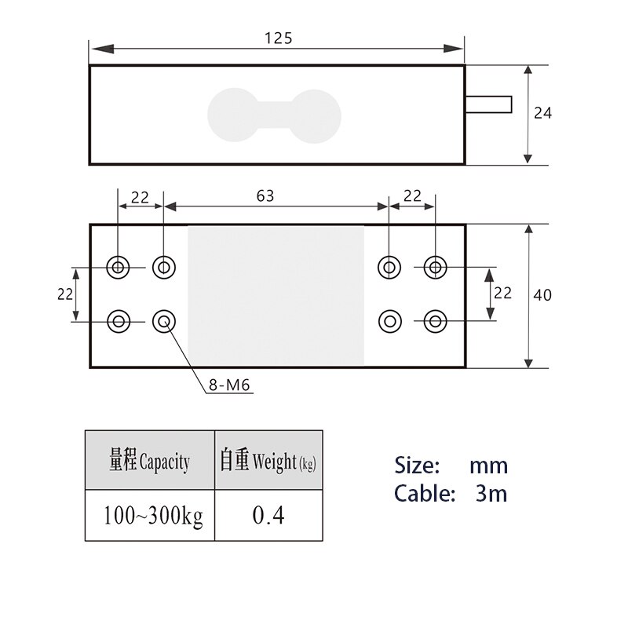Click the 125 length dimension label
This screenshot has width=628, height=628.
(x=278, y=38)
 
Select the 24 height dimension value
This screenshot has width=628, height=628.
(x=542, y=113)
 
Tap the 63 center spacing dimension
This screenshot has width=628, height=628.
(x=265, y=195)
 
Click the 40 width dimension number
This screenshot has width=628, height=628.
(x=542, y=295)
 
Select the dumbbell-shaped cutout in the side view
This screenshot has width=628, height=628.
(x=275, y=115)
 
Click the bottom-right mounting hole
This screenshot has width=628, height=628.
(x=434, y=320)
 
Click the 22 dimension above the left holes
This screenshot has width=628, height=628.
(x=140, y=197)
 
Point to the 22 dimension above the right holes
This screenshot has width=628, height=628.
(x=411, y=195)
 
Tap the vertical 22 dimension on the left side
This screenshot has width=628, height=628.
(x=65, y=294)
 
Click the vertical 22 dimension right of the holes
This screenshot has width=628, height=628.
(x=502, y=293)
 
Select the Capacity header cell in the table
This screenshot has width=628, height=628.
(x=149, y=461)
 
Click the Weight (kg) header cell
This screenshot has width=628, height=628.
(x=268, y=461)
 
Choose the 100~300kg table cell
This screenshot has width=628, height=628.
(x=149, y=516)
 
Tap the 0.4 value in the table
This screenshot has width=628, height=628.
(x=268, y=516)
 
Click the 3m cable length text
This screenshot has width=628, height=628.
(x=491, y=494)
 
